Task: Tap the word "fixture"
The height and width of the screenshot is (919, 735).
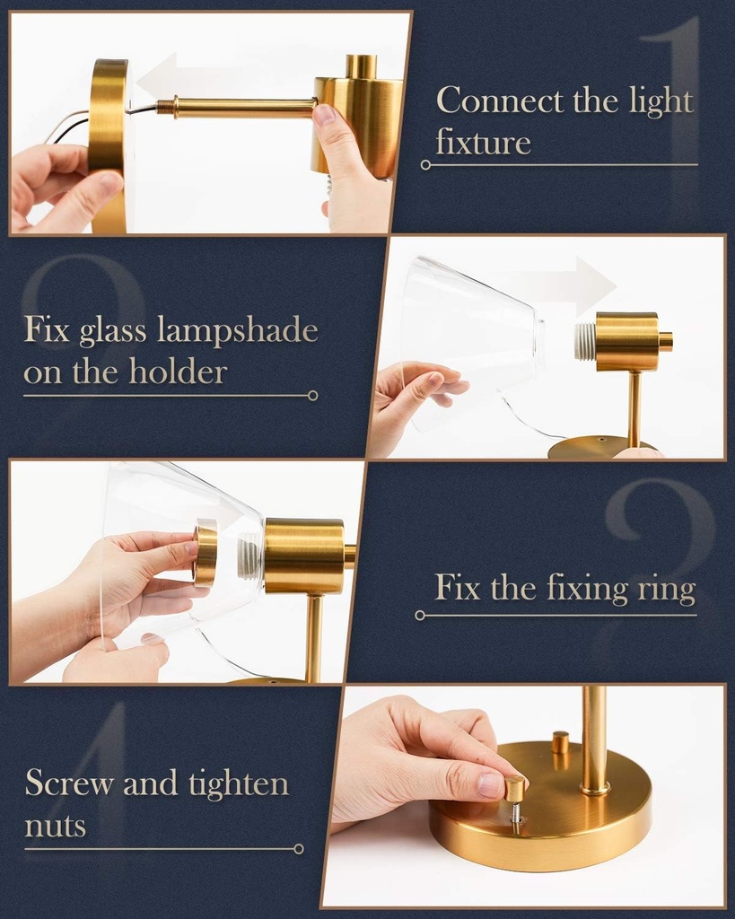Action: tap(483, 142)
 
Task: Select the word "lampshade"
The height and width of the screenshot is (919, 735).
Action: tap(238, 330)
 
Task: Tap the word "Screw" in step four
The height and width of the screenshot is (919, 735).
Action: tap(69, 783)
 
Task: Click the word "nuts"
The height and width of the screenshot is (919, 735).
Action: tap(55, 825)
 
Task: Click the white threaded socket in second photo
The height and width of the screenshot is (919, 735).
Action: tap(585, 342)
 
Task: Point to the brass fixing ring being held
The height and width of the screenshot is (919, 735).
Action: tap(205, 553)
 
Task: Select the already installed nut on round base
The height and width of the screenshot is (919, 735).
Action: tap(560, 743)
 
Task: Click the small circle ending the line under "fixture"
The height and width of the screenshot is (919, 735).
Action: tap(425, 165)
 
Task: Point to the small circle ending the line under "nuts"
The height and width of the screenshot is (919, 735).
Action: tap(299, 848)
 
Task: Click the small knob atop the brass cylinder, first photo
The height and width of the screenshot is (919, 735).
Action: tap(361, 66)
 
